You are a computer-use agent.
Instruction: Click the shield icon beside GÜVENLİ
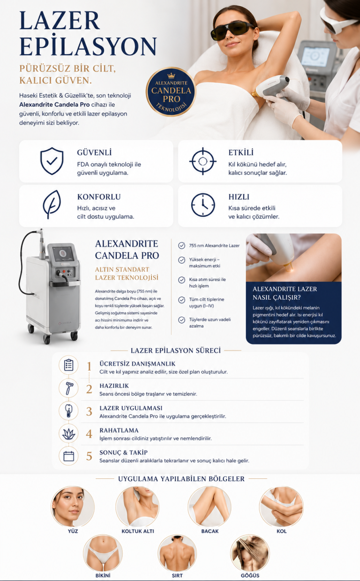52,161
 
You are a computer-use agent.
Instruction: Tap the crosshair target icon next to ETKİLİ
202,161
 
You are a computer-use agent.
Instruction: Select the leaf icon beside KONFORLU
52,204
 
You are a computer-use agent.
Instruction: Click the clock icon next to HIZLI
203,205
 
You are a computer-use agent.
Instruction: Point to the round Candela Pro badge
171,91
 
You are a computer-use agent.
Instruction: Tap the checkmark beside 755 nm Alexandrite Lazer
181,246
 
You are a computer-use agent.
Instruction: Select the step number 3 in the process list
89,412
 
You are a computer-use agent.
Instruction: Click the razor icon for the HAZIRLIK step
68,388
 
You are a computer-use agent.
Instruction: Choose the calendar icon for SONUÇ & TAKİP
68,456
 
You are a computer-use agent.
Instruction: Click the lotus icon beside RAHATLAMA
68,433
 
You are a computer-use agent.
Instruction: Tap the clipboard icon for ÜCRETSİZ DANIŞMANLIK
68,365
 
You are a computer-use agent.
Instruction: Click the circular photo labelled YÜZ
72,507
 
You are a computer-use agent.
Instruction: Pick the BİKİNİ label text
103,575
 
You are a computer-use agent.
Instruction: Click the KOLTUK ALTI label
138,531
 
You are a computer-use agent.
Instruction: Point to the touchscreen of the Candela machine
63,253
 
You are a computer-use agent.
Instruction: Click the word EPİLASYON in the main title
88,46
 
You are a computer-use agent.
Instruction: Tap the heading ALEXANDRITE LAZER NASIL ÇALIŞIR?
285,293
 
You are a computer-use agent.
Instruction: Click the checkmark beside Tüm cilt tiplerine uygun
181,300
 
